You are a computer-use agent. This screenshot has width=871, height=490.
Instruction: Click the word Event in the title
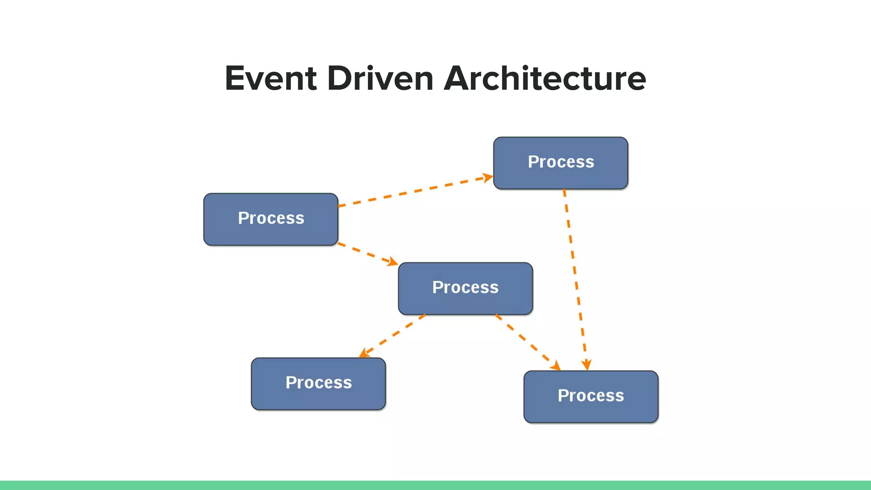click(x=271, y=79)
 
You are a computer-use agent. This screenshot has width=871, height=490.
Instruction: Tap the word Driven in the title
click(x=380, y=79)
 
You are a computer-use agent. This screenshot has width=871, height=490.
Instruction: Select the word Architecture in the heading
click(x=545, y=79)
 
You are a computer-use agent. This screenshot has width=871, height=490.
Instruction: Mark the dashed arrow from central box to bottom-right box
click(x=527, y=341)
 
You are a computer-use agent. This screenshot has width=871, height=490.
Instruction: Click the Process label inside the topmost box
click(x=561, y=162)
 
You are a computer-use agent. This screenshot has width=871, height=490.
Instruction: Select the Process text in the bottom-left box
click(x=318, y=383)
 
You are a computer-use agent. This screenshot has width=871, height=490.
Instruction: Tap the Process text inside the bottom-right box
click(x=591, y=396)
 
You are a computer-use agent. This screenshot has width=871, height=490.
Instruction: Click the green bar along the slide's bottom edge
click(x=435, y=485)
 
